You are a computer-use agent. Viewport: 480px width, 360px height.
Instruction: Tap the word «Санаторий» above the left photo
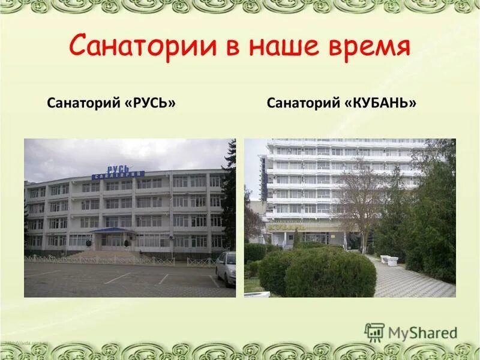pos(84,104)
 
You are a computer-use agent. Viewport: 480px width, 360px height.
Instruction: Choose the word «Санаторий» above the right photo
pos(304,104)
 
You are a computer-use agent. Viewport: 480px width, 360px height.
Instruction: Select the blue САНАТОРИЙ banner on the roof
pos(118,175)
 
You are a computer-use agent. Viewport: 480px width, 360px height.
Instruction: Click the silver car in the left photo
pos(226,268)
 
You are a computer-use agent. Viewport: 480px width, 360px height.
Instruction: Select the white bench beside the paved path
pos(389,260)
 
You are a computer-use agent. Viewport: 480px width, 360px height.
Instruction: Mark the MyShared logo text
pos(422,332)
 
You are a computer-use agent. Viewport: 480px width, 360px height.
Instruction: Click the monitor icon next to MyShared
pos(374,332)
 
